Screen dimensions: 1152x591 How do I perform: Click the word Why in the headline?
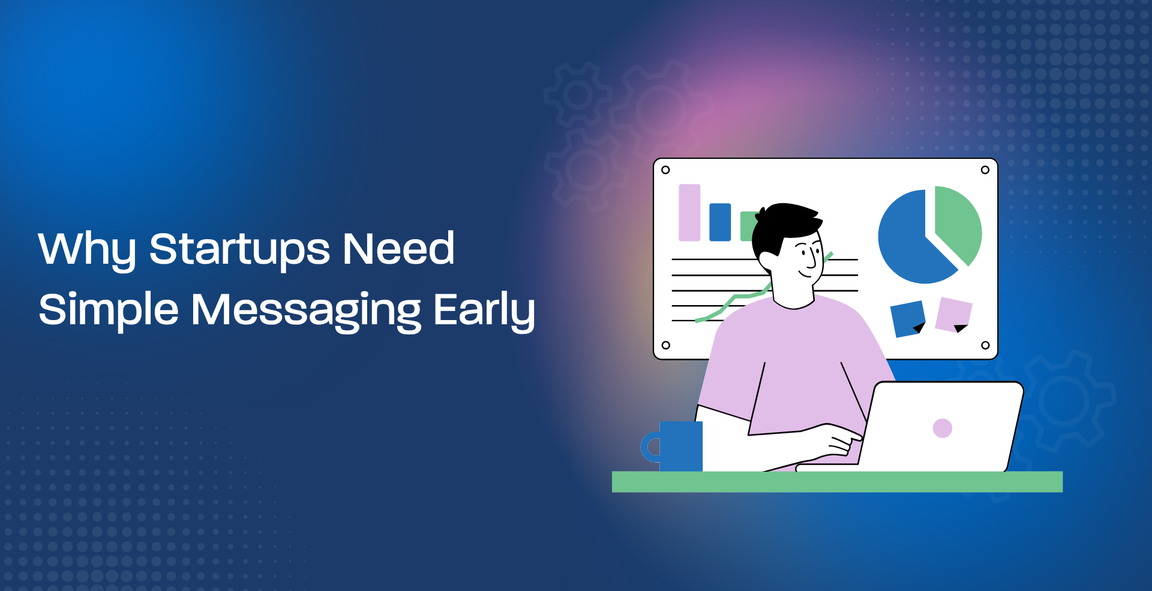pyautogui.click(x=87, y=249)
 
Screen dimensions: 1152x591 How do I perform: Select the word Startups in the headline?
pyautogui.click(x=239, y=249)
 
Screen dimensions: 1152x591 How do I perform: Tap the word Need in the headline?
pyautogui.click(x=398, y=248)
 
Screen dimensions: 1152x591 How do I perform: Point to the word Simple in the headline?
pyautogui.click(x=109, y=310)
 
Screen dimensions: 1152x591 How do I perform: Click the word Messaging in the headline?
pyautogui.click(x=306, y=310)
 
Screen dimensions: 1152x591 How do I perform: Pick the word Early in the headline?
pyautogui.click(x=484, y=310)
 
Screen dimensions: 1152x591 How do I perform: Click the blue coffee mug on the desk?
pyautogui.click(x=673, y=446)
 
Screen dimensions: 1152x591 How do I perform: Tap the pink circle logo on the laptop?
pyautogui.click(x=943, y=428)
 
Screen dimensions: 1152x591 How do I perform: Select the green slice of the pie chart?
pyautogui.click(x=959, y=222)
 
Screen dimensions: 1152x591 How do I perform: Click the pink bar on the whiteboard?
pyautogui.click(x=689, y=212)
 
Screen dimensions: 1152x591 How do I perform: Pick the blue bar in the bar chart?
pyautogui.click(x=720, y=222)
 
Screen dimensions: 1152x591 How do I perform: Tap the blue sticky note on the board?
pyautogui.click(x=907, y=319)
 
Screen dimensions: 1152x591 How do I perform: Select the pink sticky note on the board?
pyautogui.click(x=953, y=315)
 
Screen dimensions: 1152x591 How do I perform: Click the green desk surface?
pyautogui.click(x=837, y=482)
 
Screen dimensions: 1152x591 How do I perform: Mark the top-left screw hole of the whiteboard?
pyautogui.click(x=665, y=170)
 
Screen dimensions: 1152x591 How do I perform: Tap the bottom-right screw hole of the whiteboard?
pyautogui.click(x=985, y=345)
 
